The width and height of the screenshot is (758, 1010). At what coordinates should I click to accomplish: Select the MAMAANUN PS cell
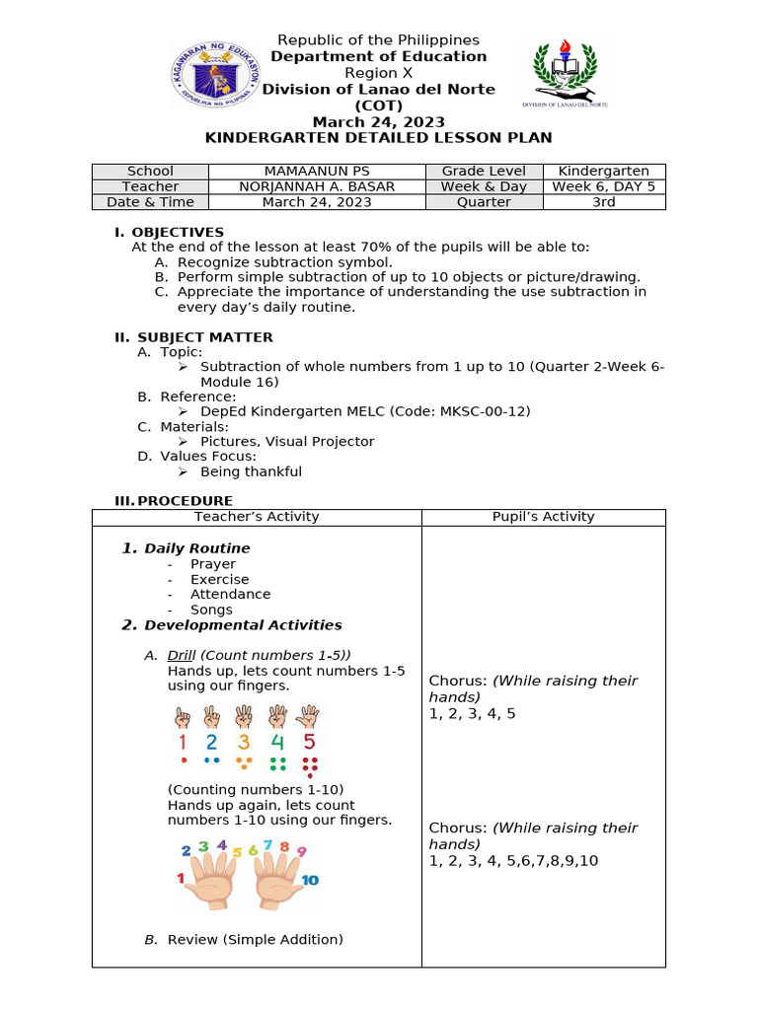point(317,171)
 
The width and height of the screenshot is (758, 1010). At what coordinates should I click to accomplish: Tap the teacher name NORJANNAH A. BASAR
point(317,186)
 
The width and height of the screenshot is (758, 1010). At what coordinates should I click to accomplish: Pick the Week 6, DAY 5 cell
point(603,186)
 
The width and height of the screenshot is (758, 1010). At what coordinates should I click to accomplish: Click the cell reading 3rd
point(603,202)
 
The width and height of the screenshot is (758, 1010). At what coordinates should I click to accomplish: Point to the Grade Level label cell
point(484,171)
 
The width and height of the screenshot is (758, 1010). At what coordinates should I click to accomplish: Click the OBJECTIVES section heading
point(180,232)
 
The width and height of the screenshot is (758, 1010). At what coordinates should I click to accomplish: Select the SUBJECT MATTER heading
point(204,337)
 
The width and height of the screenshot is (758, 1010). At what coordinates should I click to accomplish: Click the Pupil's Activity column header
point(543,517)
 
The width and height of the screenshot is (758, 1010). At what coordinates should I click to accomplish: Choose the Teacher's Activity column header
point(257,517)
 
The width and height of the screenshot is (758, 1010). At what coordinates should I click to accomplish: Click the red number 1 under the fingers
point(183,742)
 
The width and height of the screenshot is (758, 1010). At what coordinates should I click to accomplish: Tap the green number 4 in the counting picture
point(277,742)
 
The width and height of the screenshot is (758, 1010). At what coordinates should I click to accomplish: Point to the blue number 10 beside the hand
point(310,880)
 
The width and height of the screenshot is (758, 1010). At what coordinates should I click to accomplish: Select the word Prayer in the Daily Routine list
point(213,564)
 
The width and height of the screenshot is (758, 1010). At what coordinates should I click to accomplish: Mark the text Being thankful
point(251,471)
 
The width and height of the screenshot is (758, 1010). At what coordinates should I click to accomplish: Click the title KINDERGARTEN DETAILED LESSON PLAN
point(378,138)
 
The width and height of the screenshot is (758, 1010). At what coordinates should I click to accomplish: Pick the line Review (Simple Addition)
point(255,940)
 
